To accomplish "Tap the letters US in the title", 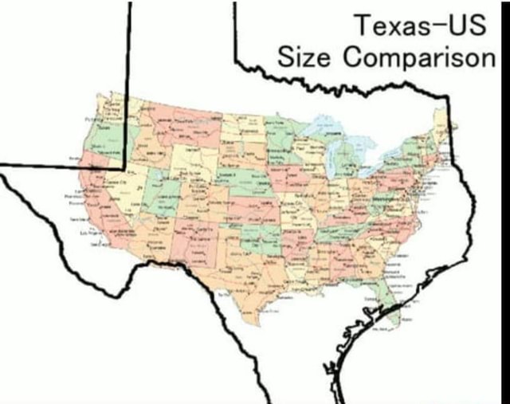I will (465, 26).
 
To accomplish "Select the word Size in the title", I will (304, 58).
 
